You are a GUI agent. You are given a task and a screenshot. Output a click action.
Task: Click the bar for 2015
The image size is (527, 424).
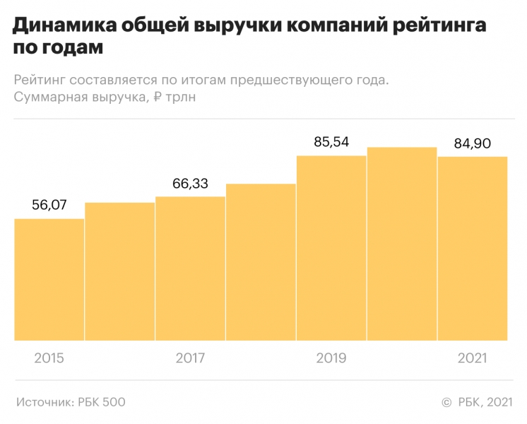tap(49, 280)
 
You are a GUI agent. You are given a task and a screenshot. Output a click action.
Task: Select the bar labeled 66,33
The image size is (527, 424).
tap(190, 269)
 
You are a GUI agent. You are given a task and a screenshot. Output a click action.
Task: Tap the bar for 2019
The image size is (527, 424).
tap(331, 248)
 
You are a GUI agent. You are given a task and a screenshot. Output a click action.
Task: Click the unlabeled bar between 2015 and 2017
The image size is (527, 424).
tap(120, 271)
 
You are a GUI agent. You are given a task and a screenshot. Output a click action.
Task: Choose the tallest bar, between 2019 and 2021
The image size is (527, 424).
tap(402, 244)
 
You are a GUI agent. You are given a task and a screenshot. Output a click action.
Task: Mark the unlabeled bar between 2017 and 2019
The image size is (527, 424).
tap(261, 262)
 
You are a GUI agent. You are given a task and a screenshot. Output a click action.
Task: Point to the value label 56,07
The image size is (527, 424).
tap(49, 205)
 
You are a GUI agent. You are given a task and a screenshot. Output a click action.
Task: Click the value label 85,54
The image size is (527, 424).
tap(331, 142)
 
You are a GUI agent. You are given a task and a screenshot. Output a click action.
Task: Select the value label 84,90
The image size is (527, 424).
tap(473, 143)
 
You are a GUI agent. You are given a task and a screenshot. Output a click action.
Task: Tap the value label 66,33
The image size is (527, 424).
tap(190, 184)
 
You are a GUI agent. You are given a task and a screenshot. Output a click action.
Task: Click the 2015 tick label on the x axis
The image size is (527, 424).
tap(49, 358)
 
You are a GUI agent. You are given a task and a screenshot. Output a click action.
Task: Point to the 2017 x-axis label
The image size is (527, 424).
tap(190, 358)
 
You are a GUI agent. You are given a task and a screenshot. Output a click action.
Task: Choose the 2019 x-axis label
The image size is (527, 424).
tap(331, 358)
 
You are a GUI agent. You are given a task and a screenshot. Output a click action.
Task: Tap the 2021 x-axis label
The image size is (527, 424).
tap(473, 358)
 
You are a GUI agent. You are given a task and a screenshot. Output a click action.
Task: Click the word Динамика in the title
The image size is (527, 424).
tap(64, 27)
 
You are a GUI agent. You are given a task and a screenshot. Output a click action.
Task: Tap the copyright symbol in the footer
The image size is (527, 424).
tap(446, 402)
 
